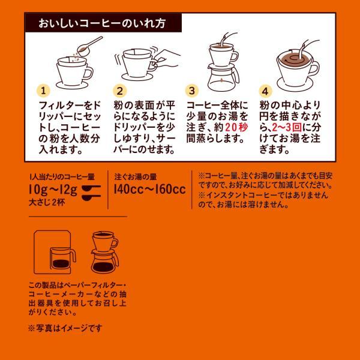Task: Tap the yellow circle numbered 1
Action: pyautogui.click(x=43, y=91)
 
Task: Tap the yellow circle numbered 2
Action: pyautogui.click(x=119, y=91)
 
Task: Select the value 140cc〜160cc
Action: pyautogui.click(x=150, y=190)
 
